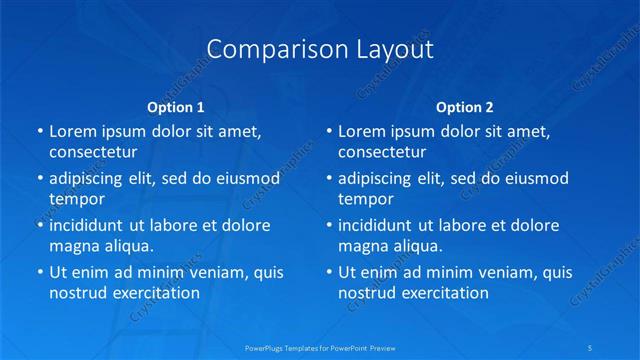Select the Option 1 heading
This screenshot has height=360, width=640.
point(176,106)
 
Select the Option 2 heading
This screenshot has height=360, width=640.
point(465,106)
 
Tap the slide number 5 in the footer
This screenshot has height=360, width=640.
point(591,347)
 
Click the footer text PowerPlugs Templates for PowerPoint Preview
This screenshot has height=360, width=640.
point(320,347)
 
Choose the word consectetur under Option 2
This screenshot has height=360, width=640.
point(382,152)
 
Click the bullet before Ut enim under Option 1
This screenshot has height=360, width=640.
point(40,272)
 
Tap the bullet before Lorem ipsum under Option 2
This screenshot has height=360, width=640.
point(329,131)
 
